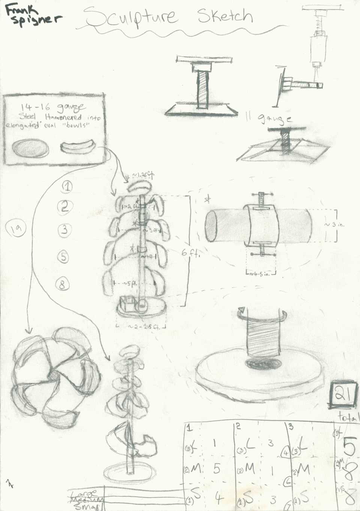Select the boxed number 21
tap(343, 394)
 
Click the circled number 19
tap(16, 228)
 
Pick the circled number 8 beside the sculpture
tap(63, 285)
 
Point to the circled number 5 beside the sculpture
tap(64, 257)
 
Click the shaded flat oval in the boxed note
tap(30, 148)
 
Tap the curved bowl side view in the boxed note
tap(77, 147)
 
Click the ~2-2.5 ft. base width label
tap(144, 327)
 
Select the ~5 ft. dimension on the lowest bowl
tap(130, 284)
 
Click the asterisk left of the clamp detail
tap(207, 199)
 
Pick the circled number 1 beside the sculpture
tap(67, 186)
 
